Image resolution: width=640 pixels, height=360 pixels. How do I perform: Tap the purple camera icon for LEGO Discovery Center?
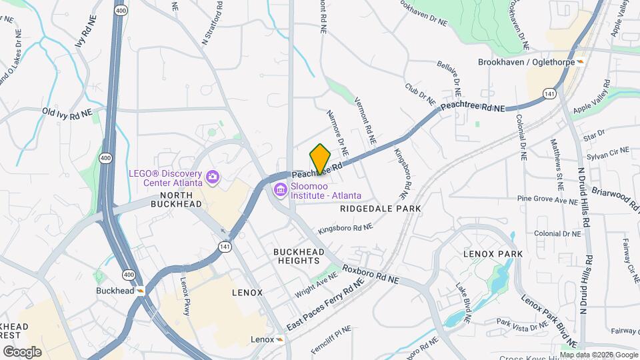[213, 177]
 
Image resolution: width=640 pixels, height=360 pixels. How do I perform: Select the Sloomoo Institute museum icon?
[280, 191]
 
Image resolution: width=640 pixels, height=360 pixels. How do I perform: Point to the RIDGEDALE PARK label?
[380, 209]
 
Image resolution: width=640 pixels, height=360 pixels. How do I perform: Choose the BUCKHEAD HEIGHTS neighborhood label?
[299, 257]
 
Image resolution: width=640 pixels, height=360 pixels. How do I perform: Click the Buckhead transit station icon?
[141, 291]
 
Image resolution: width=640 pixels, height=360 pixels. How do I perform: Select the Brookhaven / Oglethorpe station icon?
[580, 62]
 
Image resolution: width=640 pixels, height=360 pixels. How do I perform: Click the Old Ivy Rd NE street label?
[67, 113]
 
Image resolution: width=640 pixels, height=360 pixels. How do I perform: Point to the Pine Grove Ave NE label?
[547, 199]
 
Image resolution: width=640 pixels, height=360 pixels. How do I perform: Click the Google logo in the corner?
[22, 351]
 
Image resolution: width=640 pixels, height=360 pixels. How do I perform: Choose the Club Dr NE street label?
[419, 95]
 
